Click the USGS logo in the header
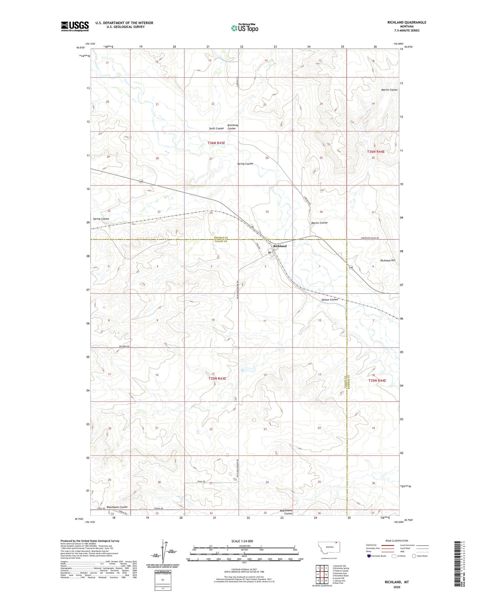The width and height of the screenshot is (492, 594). (x=75, y=26)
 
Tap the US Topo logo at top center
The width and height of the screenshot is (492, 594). (x=244, y=28)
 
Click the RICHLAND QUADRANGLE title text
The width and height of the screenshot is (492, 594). (x=406, y=22)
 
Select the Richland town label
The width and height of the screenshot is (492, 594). (x=280, y=246)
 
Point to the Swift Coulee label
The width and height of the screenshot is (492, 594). (x=216, y=128)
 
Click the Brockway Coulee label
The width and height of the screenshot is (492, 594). (x=233, y=127)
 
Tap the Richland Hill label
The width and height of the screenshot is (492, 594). (x=388, y=260)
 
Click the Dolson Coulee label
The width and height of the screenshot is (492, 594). (x=330, y=299)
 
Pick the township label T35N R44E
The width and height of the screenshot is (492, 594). (x=377, y=380)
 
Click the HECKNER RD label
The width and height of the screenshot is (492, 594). (x=100, y=346)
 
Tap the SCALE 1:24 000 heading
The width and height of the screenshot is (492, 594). (x=242, y=541)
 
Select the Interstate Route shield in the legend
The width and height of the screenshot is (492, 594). (x=369, y=556)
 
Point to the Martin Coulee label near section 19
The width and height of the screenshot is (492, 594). (x=389, y=90)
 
